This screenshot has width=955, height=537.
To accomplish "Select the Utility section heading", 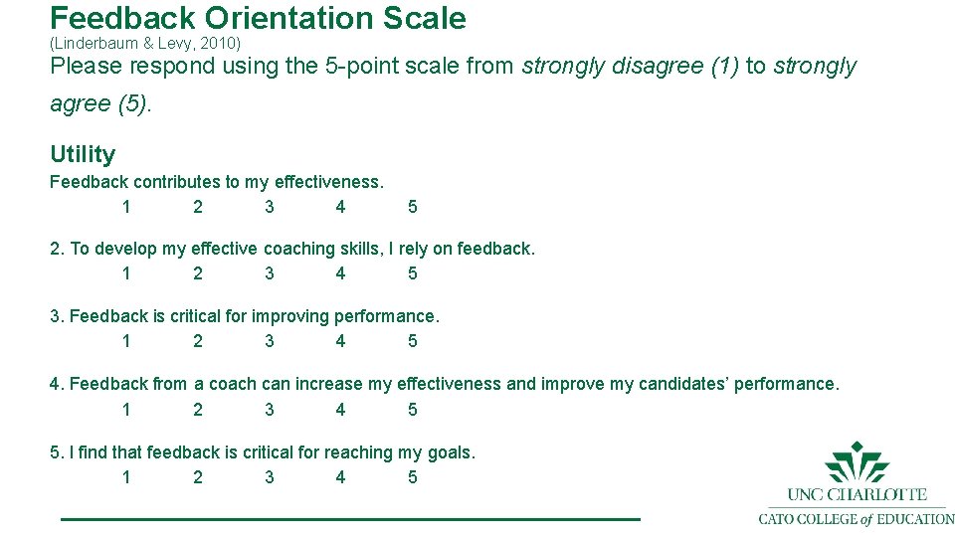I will coord(83,154).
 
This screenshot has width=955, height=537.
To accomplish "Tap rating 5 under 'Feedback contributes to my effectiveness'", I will coord(413,207).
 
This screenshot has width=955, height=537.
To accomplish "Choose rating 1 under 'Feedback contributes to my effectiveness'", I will coord(126,207).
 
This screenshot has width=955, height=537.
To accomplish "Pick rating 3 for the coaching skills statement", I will coord(270,273).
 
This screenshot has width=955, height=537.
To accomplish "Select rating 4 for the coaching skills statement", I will coord(341,273).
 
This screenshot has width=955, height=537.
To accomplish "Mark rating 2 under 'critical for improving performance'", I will coord(198,341).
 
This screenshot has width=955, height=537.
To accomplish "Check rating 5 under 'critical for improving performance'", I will coord(413,341).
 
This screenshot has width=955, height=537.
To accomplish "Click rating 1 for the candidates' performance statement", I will coord(126,410).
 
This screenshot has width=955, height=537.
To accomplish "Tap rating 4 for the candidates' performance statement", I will coord(341,410).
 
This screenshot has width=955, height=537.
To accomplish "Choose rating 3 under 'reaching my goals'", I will coord(270,477).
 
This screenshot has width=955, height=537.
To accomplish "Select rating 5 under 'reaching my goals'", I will coord(413,477).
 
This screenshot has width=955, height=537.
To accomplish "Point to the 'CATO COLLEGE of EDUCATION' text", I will coord(857,518).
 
